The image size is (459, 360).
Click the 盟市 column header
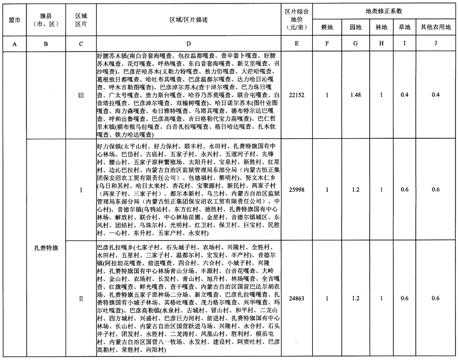[x=15, y=20]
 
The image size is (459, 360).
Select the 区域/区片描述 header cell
[x=189, y=19]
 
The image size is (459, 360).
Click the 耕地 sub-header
[x=327, y=27]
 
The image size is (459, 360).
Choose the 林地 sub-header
[x=381, y=27]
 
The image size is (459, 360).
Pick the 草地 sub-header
[x=404, y=27]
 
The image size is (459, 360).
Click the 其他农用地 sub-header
[x=435, y=27]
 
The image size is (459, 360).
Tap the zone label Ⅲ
[x=81, y=95]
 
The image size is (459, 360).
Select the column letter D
[x=189, y=44]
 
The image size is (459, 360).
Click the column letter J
[x=435, y=44]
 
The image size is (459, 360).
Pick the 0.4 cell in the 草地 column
[x=404, y=95]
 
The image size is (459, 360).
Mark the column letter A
[x=15, y=44]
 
